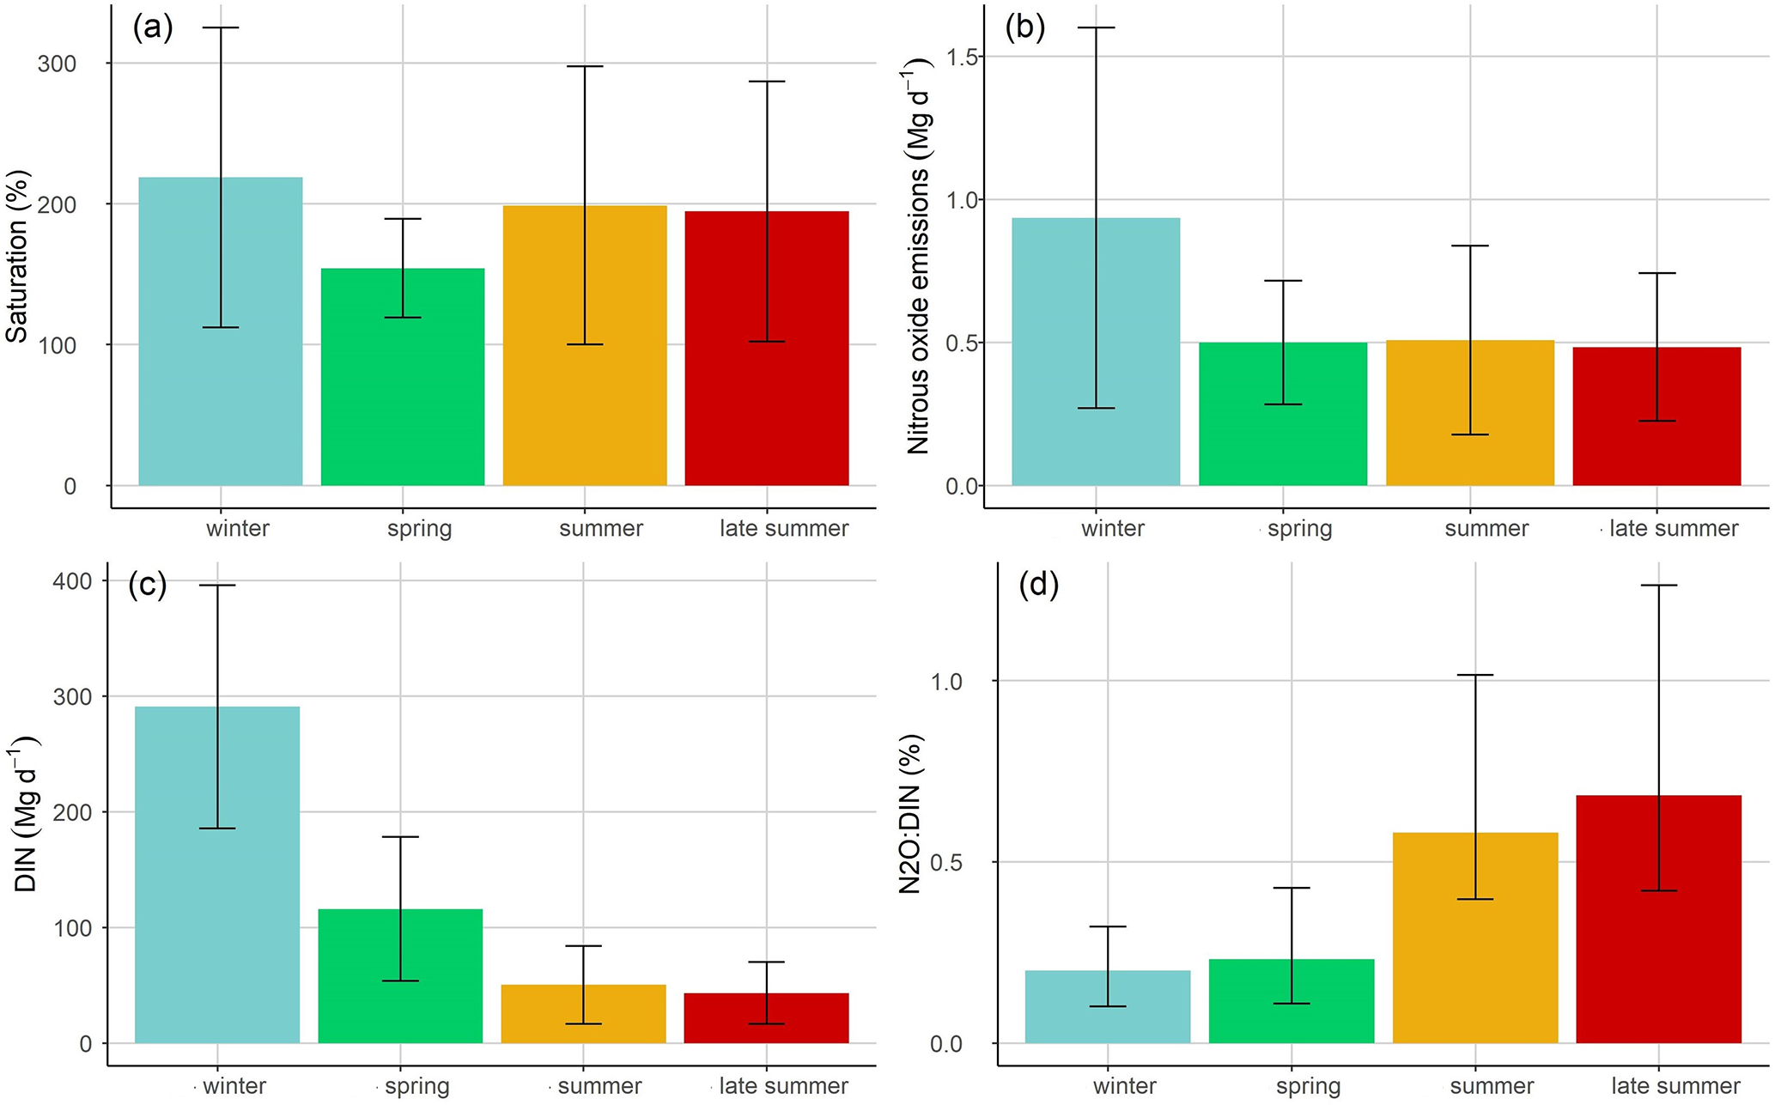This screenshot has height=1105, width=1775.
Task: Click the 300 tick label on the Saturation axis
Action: (x=57, y=64)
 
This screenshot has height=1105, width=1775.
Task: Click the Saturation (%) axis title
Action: (x=17, y=257)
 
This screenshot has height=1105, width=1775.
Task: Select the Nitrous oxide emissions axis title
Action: (x=918, y=256)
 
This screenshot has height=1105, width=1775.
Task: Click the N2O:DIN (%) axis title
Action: (x=910, y=814)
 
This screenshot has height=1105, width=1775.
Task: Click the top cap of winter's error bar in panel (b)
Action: (x=1096, y=27)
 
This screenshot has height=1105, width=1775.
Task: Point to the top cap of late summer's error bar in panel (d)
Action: (x=1658, y=586)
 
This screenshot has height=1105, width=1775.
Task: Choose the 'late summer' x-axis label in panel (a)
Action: (x=783, y=528)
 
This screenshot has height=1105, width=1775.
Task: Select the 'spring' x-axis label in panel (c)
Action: (x=416, y=1086)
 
